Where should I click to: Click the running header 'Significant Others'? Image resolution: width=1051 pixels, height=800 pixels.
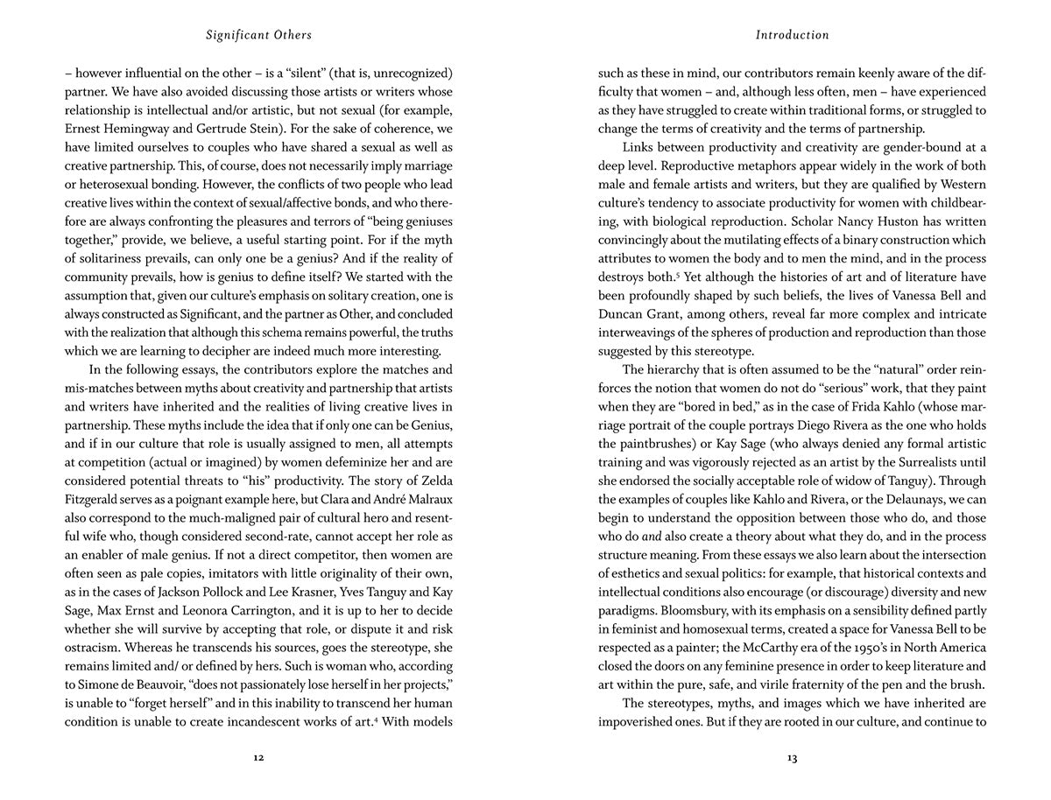tap(258, 36)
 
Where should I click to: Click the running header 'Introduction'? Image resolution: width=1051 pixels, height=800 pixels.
tap(792, 36)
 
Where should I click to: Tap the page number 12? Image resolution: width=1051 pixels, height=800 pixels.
tap(258, 758)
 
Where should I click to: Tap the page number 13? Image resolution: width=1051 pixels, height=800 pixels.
tap(792, 758)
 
